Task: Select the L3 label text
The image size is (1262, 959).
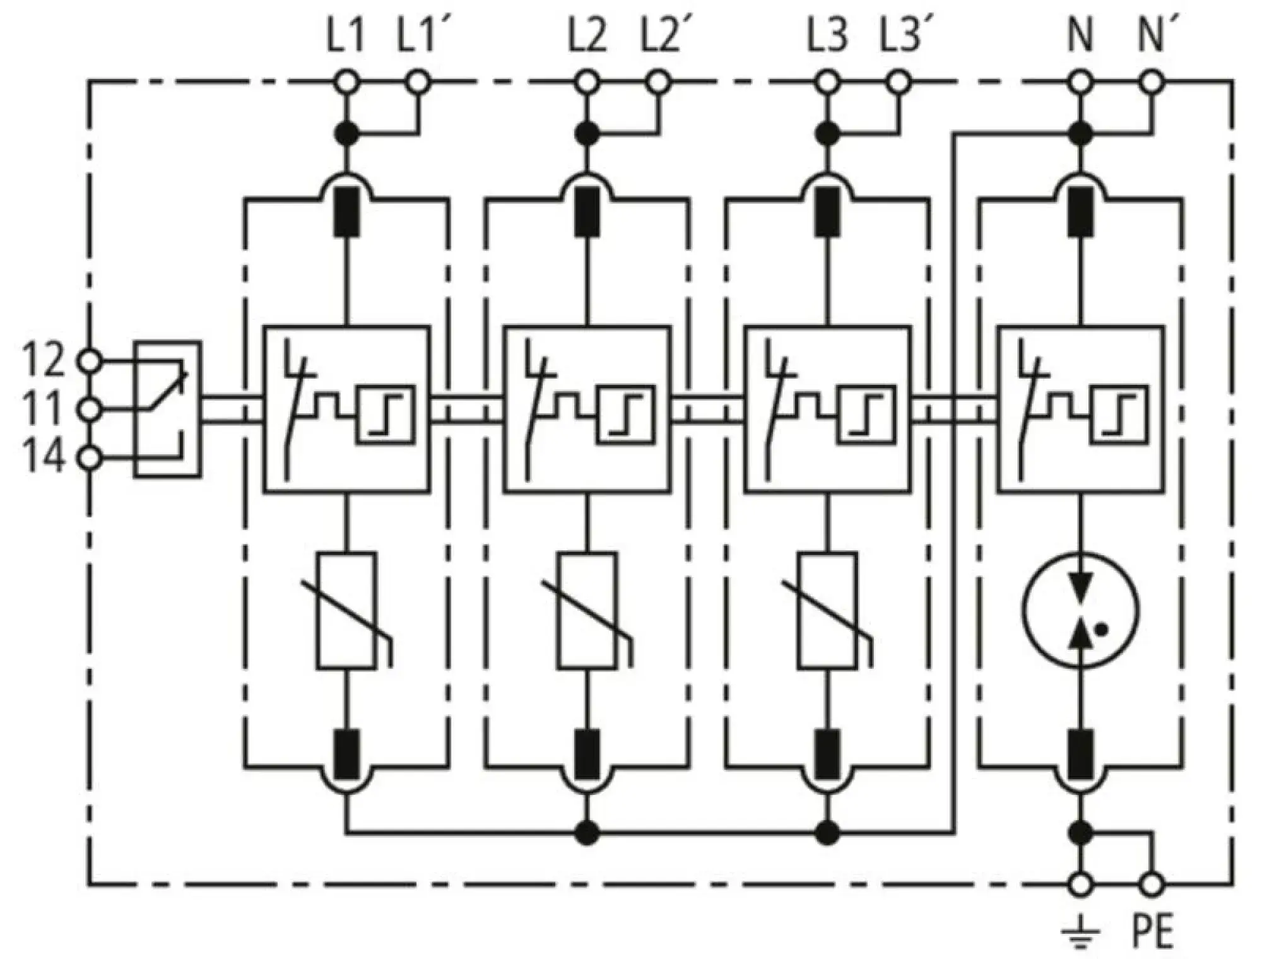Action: click(827, 37)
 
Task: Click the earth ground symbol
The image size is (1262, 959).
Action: click(1080, 934)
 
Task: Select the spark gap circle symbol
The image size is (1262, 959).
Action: click(1080, 610)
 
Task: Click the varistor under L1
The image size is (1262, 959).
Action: click(346, 610)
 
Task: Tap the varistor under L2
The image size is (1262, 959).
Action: click(587, 610)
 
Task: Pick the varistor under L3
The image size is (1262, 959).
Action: click(827, 610)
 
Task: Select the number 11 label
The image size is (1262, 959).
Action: click(43, 408)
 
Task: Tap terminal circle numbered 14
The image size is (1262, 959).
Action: click(89, 458)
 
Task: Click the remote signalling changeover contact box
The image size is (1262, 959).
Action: click(167, 409)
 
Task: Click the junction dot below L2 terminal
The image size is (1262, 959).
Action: click(587, 133)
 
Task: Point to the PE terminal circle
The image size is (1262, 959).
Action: click(1152, 885)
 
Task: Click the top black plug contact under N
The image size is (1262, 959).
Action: click(1080, 212)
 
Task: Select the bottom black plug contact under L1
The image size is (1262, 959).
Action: click(346, 755)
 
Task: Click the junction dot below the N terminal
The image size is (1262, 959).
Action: click(1080, 133)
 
